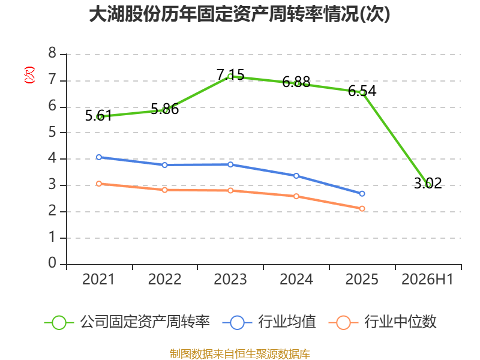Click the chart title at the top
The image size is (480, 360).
[239, 14]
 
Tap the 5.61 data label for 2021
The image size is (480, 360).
[98, 116]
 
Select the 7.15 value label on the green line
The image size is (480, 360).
[230, 74]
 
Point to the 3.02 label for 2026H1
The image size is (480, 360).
[428, 183]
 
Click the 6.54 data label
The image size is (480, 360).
[362, 91]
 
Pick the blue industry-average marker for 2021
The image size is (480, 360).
[99, 157]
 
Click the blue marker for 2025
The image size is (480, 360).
[362, 193]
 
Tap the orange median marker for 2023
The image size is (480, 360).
[230, 190]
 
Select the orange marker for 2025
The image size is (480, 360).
[362, 208]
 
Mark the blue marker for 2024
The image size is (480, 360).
[296, 176]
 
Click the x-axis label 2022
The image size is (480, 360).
[164, 279]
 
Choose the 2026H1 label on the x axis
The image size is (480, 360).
[427, 279]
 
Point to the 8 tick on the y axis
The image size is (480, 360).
[52, 53]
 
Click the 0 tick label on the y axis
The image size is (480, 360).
[52, 263]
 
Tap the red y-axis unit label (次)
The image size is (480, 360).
[29, 75]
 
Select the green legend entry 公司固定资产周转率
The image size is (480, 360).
[127, 322]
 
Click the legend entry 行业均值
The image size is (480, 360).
[269, 322]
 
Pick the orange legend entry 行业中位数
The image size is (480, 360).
[382, 322]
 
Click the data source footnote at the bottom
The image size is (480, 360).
[240, 354]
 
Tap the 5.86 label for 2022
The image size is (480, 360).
[164, 109]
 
